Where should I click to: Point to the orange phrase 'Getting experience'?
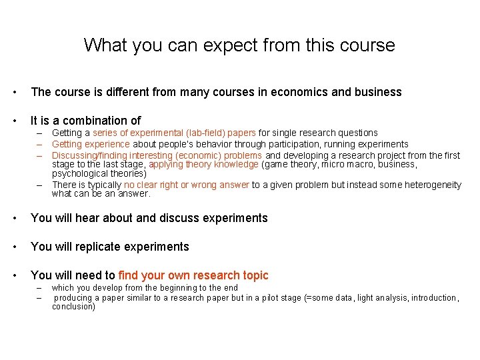point(91,144)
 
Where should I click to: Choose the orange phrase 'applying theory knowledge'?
point(203,164)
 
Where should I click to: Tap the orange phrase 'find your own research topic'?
point(193,275)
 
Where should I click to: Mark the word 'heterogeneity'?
point(429,185)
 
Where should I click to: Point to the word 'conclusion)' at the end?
point(73,307)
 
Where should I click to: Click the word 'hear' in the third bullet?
point(73,218)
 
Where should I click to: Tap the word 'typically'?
point(103,185)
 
